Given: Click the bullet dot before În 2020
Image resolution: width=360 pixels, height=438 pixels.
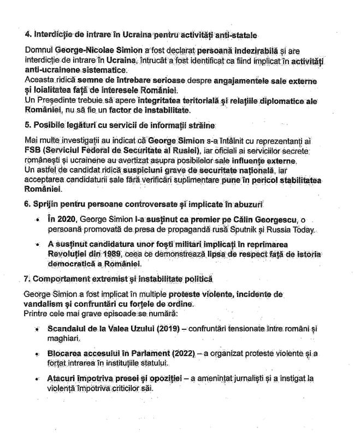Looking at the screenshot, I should [38, 220].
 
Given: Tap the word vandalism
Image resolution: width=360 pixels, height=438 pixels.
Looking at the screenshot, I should [43, 304].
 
